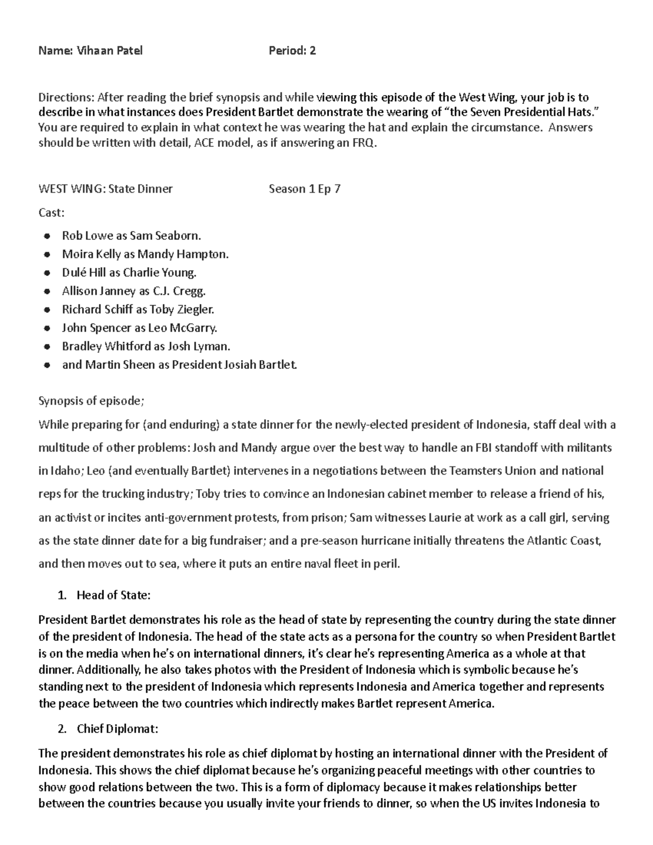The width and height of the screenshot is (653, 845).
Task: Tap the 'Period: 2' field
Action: tap(292, 51)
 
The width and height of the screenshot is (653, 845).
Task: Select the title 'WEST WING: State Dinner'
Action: tap(105, 189)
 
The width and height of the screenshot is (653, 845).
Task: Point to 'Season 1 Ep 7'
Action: tap(304, 189)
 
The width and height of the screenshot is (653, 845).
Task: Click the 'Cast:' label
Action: tap(51, 213)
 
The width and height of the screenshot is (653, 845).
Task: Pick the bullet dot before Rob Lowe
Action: tap(47, 236)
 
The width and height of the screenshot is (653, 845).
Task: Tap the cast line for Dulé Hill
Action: tap(129, 273)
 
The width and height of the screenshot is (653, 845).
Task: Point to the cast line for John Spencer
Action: tap(139, 328)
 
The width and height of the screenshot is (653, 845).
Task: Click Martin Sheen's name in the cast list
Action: tap(120, 365)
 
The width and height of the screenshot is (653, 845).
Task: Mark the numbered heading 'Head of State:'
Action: tap(113, 595)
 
